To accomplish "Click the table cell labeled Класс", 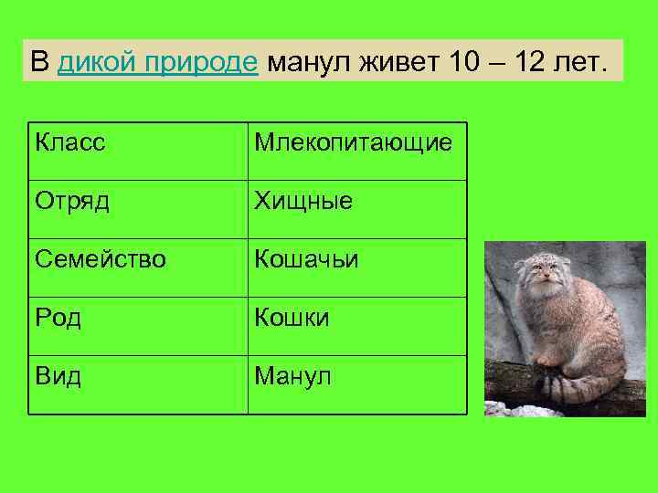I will click(x=70, y=142).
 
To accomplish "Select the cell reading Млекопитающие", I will click(x=353, y=142).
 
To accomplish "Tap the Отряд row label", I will click(x=72, y=201).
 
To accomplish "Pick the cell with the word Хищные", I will click(x=302, y=201).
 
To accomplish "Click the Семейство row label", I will click(x=101, y=260).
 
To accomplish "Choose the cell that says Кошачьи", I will click(x=306, y=260).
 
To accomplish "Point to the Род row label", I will click(x=58, y=318).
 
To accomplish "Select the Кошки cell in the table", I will click(x=292, y=318).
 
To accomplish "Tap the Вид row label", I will click(x=58, y=376).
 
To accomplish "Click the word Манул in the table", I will click(x=293, y=376).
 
